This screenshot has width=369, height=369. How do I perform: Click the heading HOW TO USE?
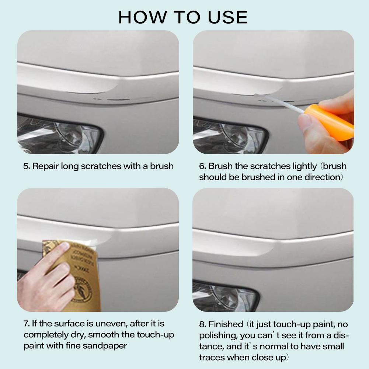pyautogui.click(x=183, y=17)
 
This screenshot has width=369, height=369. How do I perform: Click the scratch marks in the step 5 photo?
pyautogui.click(x=111, y=99)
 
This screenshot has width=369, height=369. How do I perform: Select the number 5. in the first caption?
pyautogui.click(x=27, y=166)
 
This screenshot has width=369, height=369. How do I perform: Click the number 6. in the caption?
pyautogui.click(x=203, y=166)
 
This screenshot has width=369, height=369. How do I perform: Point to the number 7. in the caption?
pyautogui.click(x=27, y=324)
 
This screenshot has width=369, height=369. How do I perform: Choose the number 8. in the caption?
pyautogui.click(x=203, y=325)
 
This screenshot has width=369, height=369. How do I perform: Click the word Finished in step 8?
pyautogui.click(x=225, y=325)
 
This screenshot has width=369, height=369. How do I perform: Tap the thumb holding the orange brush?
pyautogui.click(x=305, y=123)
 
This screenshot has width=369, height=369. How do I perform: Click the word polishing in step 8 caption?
pyautogui.click(x=218, y=335)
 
